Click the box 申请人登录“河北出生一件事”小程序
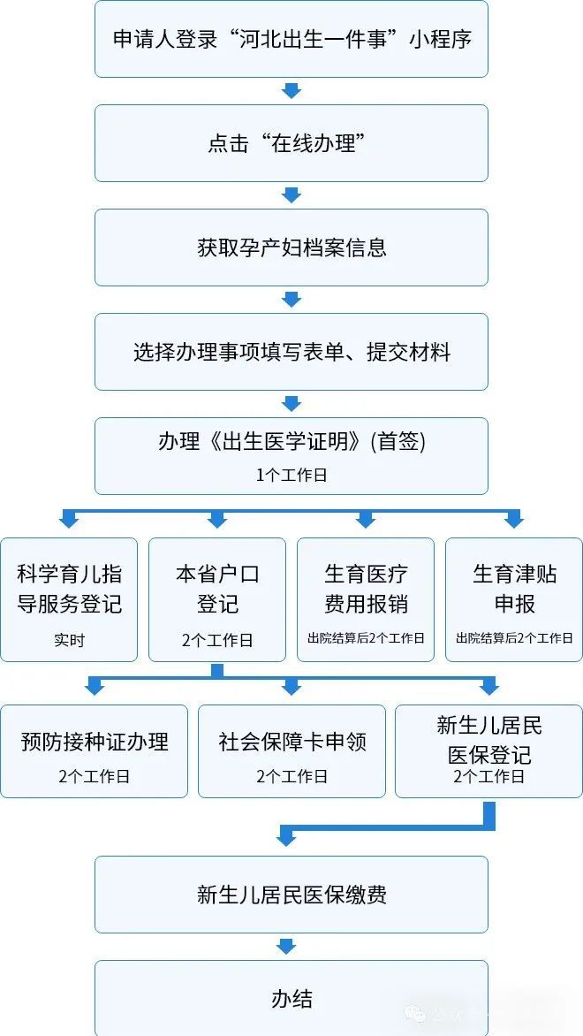[291, 40]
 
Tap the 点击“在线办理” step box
[291, 143]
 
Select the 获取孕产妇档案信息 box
[291, 248]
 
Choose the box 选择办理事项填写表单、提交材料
[291, 352]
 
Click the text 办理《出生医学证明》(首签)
[291, 443]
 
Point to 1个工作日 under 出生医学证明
[291, 475]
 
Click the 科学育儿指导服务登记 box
[69, 599]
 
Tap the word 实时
[69, 639]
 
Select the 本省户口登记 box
[217, 599]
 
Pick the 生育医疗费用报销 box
[366, 599]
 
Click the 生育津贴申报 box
[514, 599]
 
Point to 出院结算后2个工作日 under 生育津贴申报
[514, 637]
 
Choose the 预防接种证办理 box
[94, 751]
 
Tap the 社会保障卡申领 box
[291, 751]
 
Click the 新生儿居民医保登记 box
[488, 751]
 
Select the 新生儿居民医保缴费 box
[291, 895]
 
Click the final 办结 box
[291, 999]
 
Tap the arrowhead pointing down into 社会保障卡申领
[291, 687]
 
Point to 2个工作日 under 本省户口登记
[217, 639]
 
